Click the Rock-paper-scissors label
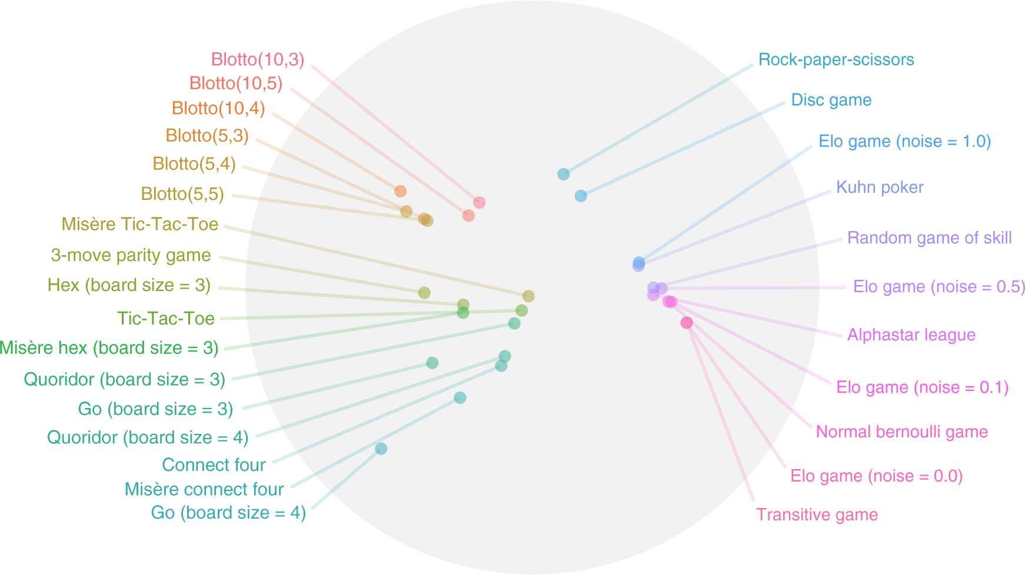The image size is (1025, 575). click(836, 60)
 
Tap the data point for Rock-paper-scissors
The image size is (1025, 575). click(563, 174)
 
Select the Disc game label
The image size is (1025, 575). click(831, 100)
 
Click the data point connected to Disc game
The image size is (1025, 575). click(581, 196)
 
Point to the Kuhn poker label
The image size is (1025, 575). click(880, 188)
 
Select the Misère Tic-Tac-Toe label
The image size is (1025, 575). click(140, 225)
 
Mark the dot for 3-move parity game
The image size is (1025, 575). click(424, 292)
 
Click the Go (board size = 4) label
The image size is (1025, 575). click(228, 513)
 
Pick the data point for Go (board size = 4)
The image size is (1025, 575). click(381, 449)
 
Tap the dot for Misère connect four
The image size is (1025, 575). click(460, 398)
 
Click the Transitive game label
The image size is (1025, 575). click(817, 515)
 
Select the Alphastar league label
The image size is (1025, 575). click(911, 335)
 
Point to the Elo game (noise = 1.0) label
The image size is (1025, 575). click(904, 142)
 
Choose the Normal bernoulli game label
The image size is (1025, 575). click(901, 432)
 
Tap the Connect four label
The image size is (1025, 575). click(214, 465)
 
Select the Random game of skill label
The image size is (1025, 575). click(929, 238)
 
